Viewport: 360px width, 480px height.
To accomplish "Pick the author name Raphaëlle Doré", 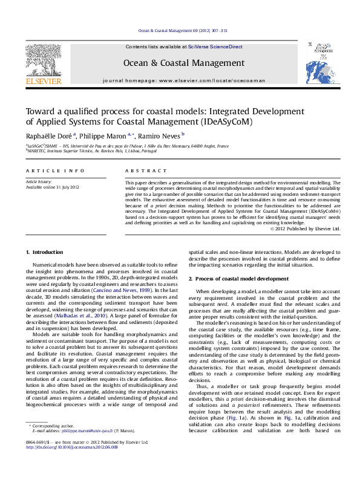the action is tap(47, 136).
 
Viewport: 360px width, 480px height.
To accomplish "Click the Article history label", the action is tap(37, 181).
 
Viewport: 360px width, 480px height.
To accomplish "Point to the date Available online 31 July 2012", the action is tap(53, 187).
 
